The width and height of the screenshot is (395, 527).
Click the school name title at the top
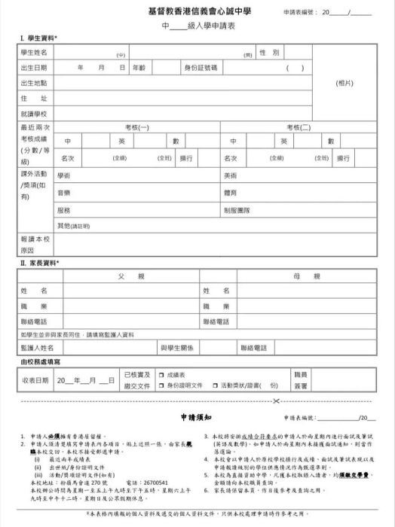tap(197, 12)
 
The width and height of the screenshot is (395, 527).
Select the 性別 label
tap(270, 53)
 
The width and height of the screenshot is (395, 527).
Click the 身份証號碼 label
tap(201, 68)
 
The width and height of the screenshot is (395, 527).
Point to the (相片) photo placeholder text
tap(344, 83)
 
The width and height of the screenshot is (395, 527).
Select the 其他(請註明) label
tap(73, 225)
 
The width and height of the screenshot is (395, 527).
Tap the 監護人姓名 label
tap(37, 349)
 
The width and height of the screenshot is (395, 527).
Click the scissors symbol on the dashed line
tap(277, 401)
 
